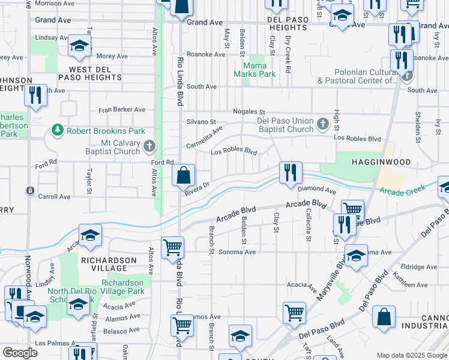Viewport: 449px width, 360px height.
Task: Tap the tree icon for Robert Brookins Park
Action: [58, 130]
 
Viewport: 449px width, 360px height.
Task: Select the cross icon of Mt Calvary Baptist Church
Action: [149, 146]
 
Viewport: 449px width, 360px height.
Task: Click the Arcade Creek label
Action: [402, 190]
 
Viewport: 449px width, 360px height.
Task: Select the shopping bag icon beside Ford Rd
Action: [184, 176]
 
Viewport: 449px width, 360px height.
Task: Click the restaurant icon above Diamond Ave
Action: [291, 172]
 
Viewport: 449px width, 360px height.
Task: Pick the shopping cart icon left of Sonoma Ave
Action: [173, 246]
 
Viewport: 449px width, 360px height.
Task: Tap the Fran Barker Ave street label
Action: [122, 110]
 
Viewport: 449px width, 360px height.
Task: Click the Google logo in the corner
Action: [20, 353]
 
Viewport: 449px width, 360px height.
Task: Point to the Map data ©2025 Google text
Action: [411, 355]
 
